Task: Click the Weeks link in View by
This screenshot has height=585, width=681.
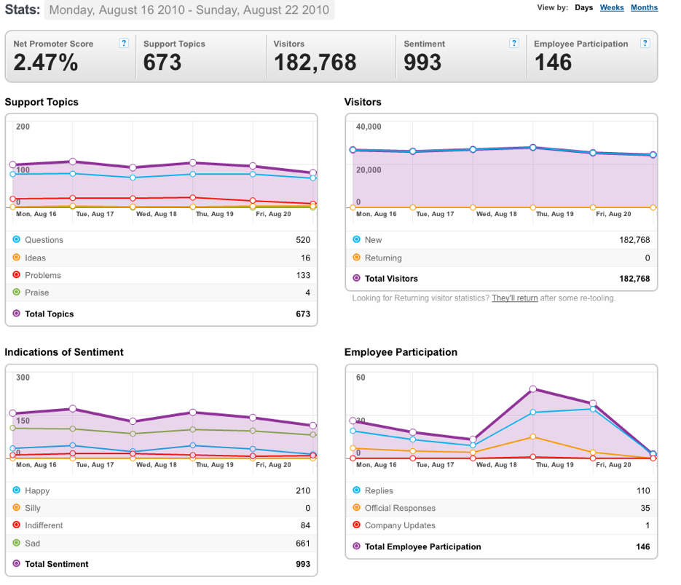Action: click(612, 7)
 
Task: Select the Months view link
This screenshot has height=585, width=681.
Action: click(644, 7)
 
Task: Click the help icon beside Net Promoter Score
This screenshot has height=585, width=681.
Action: click(124, 43)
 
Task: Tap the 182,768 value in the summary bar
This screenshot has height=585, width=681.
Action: click(315, 62)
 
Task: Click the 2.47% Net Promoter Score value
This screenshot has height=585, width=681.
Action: click(46, 62)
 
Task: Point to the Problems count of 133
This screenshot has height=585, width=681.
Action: click(303, 275)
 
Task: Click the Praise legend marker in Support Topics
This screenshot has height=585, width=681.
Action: click(17, 292)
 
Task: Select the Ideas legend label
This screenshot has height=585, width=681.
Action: click(35, 258)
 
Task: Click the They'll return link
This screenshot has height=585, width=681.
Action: click(515, 298)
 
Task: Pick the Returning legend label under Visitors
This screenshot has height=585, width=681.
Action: click(383, 258)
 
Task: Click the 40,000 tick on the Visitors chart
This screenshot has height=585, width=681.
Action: click(369, 127)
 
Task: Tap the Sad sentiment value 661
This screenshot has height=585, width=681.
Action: click(303, 544)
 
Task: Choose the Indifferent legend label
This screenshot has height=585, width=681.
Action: click(44, 525)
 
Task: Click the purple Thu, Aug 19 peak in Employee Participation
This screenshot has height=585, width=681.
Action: click(533, 389)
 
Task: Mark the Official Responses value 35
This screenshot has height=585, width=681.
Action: click(645, 508)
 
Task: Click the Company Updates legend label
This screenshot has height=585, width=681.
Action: click(400, 525)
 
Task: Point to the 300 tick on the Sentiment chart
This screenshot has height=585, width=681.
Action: click(23, 378)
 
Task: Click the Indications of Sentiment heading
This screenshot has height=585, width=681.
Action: click(64, 352)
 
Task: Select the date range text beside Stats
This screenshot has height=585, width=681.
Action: click(189, 9)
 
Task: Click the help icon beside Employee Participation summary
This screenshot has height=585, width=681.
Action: click(645, 43)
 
